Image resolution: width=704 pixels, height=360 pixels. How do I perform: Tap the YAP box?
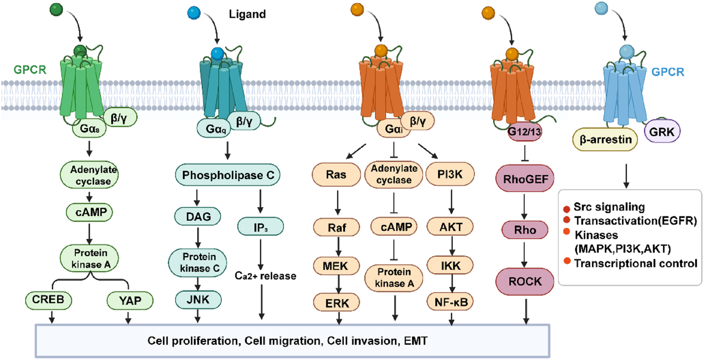(x=129, y=301)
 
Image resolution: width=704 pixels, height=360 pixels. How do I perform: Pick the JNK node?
(x=197, y=300)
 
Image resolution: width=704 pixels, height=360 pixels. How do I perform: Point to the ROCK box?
(x=525, y=282)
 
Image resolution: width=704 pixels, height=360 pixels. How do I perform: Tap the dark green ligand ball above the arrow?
(x=56, y=9)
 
